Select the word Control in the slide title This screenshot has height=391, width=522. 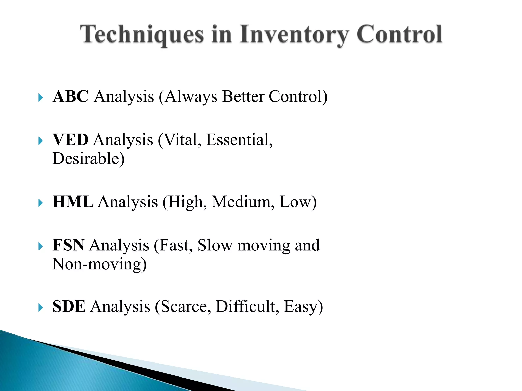click(399, 34)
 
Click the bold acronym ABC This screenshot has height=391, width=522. click(71, 96)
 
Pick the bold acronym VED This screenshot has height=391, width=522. click(70, 140)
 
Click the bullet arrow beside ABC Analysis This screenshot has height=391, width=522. click(41, 97)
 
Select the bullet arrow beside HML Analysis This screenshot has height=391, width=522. click(41, 203)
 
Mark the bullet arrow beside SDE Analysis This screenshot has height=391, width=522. click(41, 308)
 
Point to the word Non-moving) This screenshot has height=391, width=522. click(99, 264)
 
